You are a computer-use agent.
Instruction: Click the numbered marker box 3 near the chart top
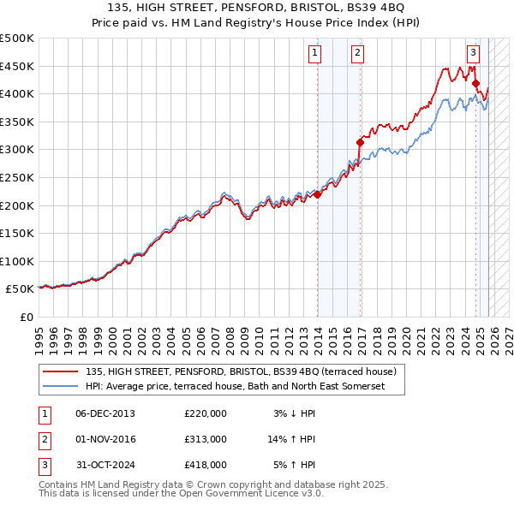pyautogui.click(x=472, y=51)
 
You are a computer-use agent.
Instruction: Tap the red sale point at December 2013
pyautogui.click(x=318, y=194)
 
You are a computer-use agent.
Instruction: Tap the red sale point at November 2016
pyautogui.click(x=361, y=143)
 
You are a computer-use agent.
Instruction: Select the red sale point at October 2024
pyautogui.click(x=476, y=84)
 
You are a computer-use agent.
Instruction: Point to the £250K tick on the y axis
pyautogui.click(x=17, y=177)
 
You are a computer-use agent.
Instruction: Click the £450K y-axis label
pyautogui.click(x=17, y=66)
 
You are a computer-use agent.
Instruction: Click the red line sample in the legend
pyautogui.click(x=60, y=372)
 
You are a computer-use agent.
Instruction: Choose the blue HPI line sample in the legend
pyautogui.click(x=60, y=387)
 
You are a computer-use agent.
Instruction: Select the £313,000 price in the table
pyautogui.click(x=206, y=439)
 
